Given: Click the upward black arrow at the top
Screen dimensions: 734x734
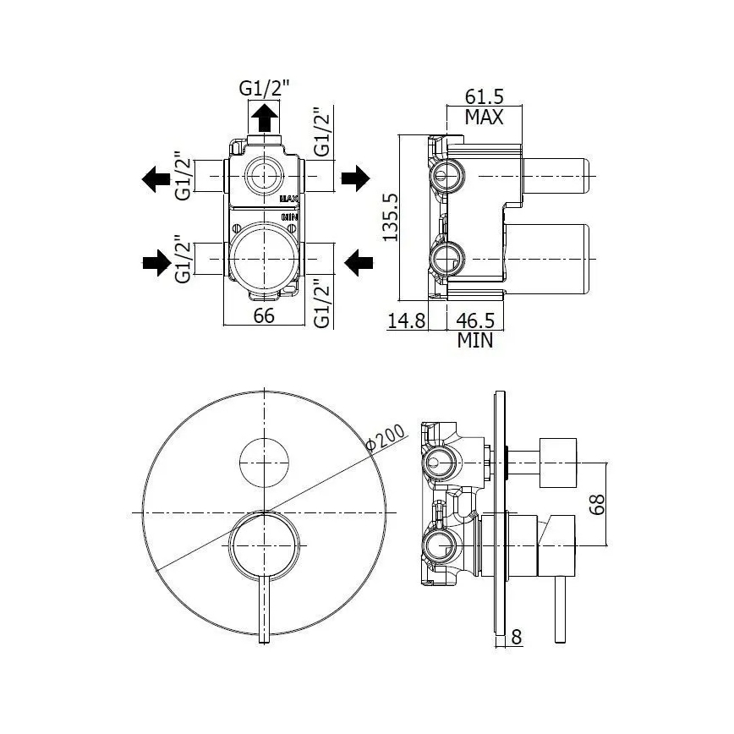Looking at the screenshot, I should click(x=266, y=117).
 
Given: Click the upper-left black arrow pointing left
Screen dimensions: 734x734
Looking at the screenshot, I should click(x=155, y=178).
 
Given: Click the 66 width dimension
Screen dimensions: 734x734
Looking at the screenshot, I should click(x=266, y=316).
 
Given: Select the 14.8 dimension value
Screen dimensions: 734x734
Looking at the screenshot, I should click(x=405, y=322).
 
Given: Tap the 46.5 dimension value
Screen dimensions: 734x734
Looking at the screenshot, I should click(x=475, y=322).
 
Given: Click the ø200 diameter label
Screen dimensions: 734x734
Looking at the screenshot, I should click(x=386, y=441).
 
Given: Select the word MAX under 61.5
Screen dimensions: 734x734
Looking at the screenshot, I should click(x=485, y=118).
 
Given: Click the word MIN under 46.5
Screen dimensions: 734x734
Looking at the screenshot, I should click(x=475, y=341).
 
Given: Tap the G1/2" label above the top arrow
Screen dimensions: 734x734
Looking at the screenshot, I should click(x=264, y=87).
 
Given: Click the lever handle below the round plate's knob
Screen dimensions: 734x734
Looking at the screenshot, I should click(x=264, y=609).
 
